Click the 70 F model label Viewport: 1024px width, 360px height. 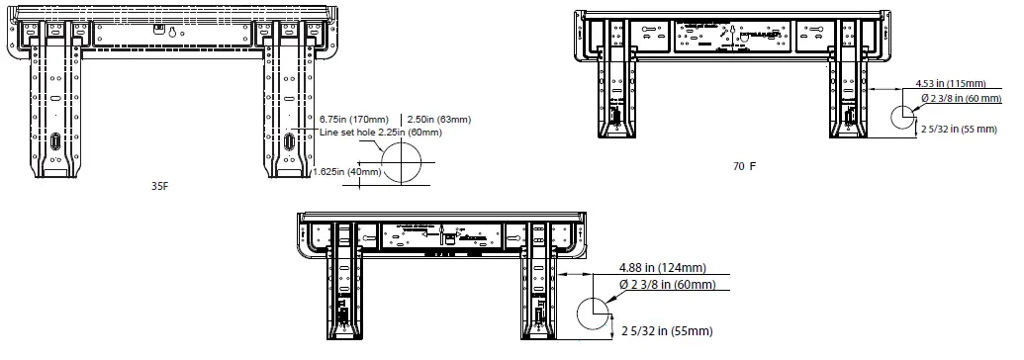click(744, 166)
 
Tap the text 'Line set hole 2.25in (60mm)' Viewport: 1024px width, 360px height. click(380, 132)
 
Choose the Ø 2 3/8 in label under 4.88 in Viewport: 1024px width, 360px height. click(667, 285)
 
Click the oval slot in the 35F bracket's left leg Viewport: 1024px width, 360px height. click(56, 142)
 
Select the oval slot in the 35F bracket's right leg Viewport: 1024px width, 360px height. click(288, 142)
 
